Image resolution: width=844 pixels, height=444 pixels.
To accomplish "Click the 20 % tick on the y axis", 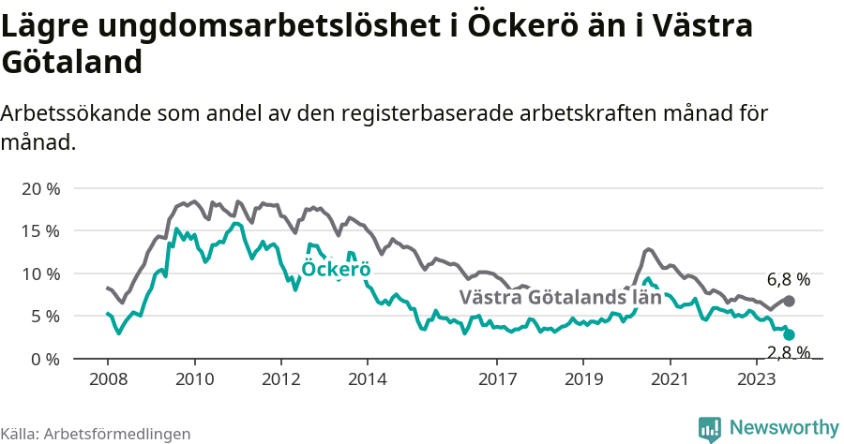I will click(39, 188).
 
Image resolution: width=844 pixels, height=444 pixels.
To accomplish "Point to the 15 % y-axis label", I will click(39, 230).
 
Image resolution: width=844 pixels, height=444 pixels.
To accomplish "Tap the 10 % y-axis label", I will click(39, 274).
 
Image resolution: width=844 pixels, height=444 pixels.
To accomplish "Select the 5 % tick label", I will click(44, 316).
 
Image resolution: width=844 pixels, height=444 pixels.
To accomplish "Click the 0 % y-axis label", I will click(44, 359).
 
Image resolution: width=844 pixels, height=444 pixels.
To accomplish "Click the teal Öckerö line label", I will click(336, 270).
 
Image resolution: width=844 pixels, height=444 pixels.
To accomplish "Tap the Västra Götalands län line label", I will click(560, 298).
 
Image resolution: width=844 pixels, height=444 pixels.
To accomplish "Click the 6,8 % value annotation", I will click(788, 279).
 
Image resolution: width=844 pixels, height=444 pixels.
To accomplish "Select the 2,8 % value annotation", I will click(788, 352).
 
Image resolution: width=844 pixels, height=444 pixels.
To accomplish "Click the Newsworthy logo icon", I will click(710, 428).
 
